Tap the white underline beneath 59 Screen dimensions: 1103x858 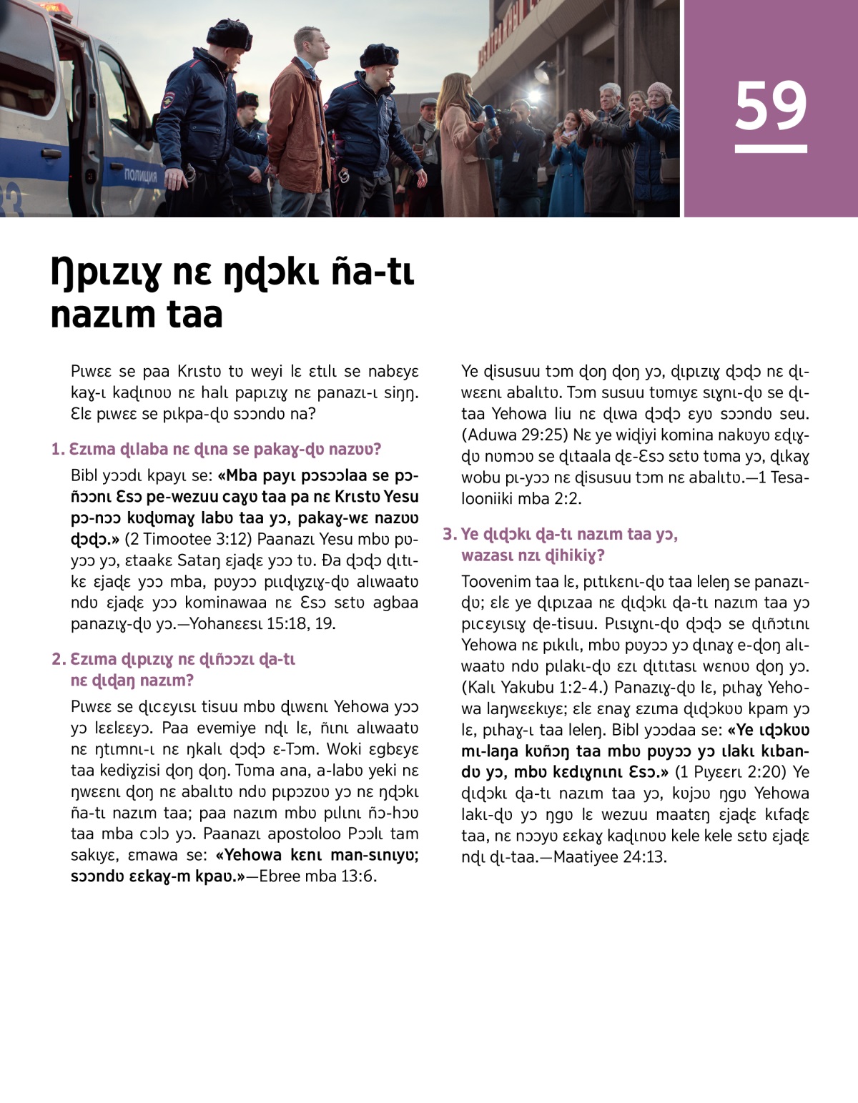tap(770, 149)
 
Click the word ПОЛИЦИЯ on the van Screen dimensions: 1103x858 tap(140, 175)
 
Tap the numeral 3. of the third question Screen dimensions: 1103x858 tap(449, 534)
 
